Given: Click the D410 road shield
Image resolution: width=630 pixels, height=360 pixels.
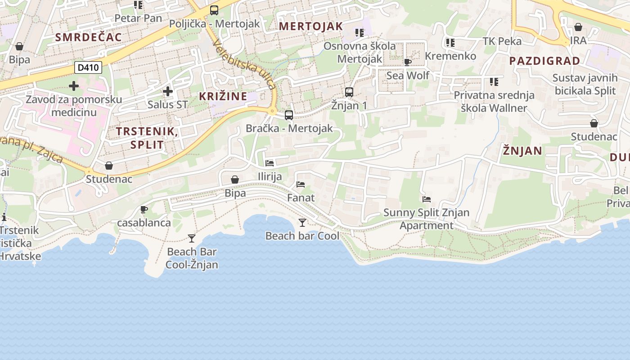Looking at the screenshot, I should coord(88,68).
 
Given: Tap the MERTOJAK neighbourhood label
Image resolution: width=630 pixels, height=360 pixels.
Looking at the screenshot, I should coord(310,26).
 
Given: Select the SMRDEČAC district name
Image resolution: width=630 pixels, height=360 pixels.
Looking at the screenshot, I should coord(89,37).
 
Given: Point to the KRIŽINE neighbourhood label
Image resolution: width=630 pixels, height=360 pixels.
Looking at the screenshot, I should coord(223,96).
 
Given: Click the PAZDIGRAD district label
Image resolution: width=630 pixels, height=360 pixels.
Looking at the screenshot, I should coord(544,61).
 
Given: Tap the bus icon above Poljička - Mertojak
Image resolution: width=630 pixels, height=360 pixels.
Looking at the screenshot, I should coord(214,10).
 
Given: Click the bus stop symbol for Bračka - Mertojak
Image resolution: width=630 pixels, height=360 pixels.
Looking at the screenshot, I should coord(289,115).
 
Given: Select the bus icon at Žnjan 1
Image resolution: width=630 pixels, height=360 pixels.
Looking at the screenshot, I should coord(349,92).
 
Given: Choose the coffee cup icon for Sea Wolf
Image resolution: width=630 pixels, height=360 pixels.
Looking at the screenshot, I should coord(408,62).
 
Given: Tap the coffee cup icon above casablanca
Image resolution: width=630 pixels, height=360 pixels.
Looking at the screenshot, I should coord(144,209).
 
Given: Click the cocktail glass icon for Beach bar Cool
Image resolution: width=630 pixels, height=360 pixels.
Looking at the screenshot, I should coord(302,222).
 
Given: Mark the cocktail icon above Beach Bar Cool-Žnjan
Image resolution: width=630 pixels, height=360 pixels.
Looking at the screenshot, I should coord(192,238).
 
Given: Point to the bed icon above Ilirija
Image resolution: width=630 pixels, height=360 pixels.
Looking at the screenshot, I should coord(270,163).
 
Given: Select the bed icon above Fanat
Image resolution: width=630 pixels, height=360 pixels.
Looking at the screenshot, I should coord(301,184).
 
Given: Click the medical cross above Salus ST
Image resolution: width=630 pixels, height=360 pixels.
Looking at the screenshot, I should coord(168,91).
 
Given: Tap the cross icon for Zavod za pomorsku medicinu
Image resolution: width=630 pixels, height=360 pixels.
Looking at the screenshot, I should coord(74,86).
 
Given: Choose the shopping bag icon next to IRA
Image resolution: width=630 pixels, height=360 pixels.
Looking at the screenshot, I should coord(578,27).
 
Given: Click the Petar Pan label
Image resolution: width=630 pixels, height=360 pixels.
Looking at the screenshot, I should coord(138,18).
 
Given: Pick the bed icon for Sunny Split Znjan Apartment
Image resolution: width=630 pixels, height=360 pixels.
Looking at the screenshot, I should coord(427,199).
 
